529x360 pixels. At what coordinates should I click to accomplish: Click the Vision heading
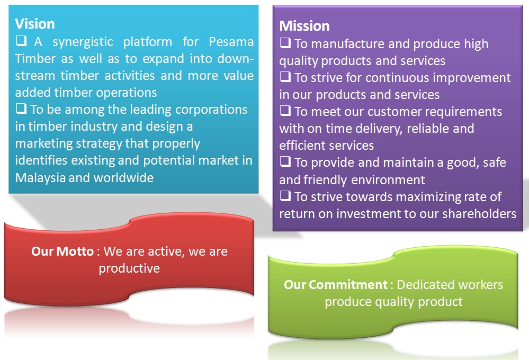click(x=35, y=24)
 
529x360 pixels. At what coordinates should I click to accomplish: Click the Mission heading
click(x=304, y=26)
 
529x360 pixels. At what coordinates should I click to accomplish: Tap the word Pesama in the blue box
click(x=231, y=42)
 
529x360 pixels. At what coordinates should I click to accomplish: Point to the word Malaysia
click(x=40, y=178)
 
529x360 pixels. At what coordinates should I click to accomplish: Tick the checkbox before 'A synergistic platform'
click(x=21, y=41)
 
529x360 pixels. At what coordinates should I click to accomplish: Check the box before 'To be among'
click(x=21, y=109)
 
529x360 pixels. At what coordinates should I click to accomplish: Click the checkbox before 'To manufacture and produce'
click(x=285, y=43)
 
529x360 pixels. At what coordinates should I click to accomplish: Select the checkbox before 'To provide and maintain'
click(x=285, y=161)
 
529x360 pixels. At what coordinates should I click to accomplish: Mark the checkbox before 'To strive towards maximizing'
click(x=285, y=196)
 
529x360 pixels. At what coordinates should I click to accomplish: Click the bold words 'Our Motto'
click(x=62, y=251)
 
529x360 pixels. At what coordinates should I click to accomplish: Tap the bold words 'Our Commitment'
click(x=336, y=285)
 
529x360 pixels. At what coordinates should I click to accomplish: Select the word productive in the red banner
click(x=129, y=268)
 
